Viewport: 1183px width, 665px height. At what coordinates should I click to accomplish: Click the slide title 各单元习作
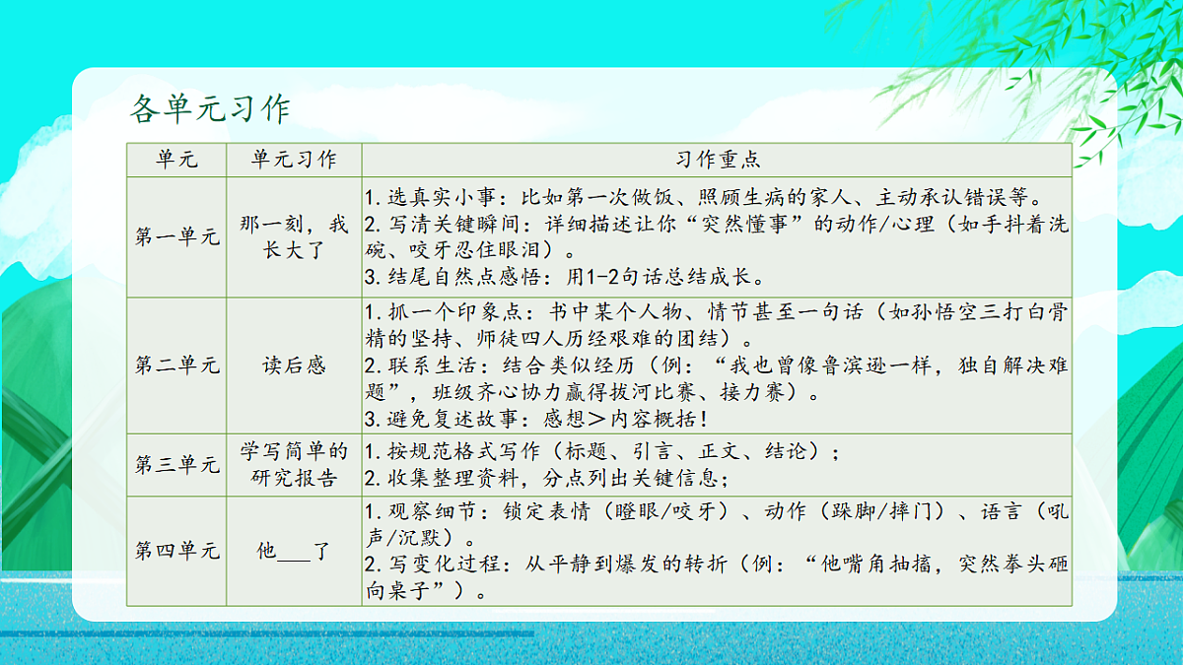click(210, 108)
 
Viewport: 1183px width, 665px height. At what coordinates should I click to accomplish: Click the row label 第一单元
click(176, 237)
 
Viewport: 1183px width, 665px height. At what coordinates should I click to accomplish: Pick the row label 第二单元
click(176, 366)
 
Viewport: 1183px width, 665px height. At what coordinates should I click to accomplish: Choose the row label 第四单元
click(176, 551)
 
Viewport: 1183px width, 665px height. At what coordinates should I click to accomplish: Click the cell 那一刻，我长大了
click(294, 237)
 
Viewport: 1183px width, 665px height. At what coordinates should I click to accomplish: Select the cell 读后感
click(294, 366)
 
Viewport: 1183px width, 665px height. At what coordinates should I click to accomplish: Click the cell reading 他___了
click(294, 551)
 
